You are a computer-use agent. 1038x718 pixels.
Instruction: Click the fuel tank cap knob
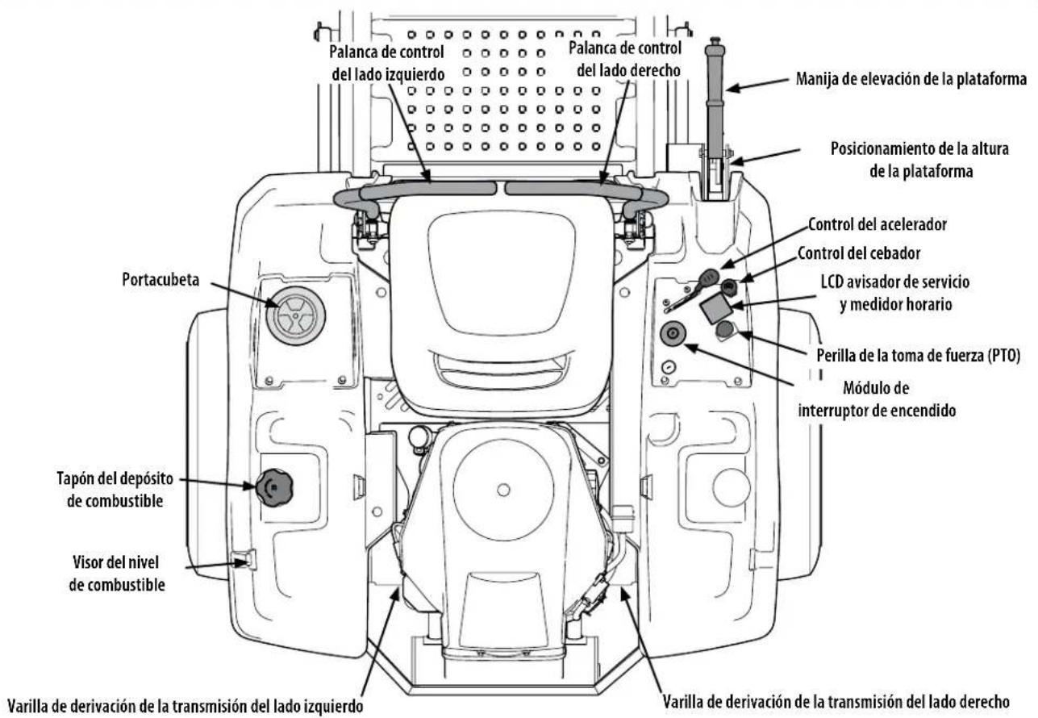(x=273, y=487)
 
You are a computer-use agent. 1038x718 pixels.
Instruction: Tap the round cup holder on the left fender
(x=295, y=315)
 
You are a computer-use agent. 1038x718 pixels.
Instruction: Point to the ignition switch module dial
(x=673, y=333)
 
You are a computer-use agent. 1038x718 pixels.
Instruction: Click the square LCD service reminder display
(x=715, y=310)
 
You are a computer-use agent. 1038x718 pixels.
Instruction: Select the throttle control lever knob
(x=707, y=278)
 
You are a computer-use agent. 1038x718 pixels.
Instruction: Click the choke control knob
(x=729, y=287)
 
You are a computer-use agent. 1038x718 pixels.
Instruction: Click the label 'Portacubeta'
(x=160, y=280)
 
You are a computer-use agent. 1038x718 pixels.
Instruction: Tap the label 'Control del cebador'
(x=858, y=253)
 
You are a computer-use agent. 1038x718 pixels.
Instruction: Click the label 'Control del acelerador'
(x=878, y=224)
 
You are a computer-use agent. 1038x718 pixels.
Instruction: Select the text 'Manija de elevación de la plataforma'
(x=911, y=79)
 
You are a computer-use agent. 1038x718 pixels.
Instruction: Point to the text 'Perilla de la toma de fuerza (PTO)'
(x=918, y=356)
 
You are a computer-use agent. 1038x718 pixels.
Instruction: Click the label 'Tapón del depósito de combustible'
(x=115, y=490)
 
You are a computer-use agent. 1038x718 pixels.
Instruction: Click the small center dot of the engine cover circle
(x=503, y=490)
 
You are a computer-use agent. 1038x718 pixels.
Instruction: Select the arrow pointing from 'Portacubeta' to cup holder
(x=244, y=294)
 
